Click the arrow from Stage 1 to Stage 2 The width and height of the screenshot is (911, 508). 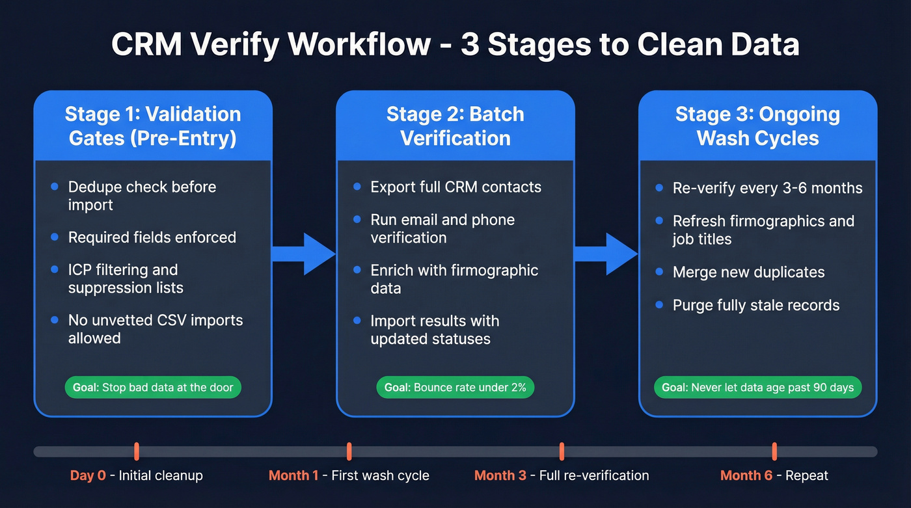[305, 254]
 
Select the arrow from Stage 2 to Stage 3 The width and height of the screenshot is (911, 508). [606, 254]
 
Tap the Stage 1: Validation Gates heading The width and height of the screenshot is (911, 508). [153, 126]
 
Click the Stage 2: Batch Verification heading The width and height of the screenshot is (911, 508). [455, 126]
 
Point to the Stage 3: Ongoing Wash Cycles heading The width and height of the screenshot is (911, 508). [757, 126]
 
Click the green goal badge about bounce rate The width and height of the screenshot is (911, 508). [455, 388]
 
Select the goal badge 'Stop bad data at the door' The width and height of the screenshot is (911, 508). [153, 388]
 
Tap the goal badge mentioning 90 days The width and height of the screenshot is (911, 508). [757, 388]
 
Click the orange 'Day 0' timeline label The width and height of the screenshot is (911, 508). [88, 475]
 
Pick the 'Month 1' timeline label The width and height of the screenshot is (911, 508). [293, 475]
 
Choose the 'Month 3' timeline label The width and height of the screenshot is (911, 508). [500, 475]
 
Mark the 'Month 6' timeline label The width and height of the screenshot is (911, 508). [746, 475]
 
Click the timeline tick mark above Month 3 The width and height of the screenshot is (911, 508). [562, 451]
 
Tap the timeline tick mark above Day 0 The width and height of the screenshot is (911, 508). [137, 451]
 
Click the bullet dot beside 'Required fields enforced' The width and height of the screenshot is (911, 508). [55, 237]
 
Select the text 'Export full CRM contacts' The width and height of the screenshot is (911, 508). [455, 187]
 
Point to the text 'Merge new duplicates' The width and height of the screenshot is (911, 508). [748, 273]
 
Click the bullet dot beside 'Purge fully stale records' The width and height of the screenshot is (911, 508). [659, 304]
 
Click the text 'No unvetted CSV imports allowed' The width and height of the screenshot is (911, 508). [155, 329]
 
